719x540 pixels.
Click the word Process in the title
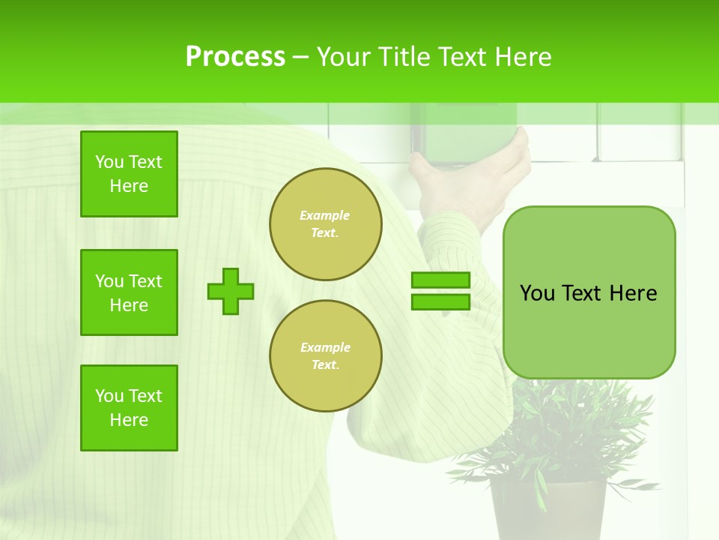[x=235, y=57]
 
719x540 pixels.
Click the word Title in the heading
[x=401, y=57]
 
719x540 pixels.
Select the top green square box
[x=129, y=174]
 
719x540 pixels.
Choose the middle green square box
[x=129, y=292]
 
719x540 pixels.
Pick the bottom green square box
[x=129, y=408]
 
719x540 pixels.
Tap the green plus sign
[x=231, y=291]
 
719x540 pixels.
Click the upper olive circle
[x=326, y=224]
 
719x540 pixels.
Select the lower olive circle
[x=326, y=356]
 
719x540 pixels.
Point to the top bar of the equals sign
[x=440, y=280]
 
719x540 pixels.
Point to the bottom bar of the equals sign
[x=440, y=301]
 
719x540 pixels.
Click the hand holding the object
[x=472, y=180]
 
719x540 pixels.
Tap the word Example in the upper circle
[x=325, y=215]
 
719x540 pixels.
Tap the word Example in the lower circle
[x=325, y=347]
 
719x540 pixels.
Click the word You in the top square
[x=109, y=162]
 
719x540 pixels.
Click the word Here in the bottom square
[x=129, y=420]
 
